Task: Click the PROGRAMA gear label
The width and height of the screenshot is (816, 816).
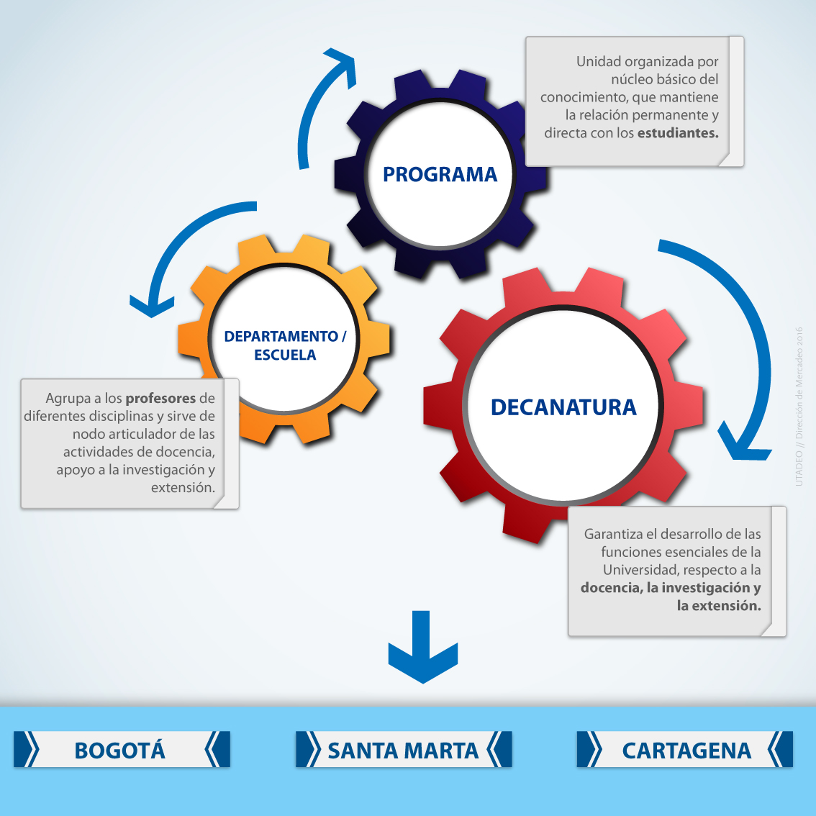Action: coord(440,174)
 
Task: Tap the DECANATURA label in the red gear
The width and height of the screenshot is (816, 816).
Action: coord(563,407)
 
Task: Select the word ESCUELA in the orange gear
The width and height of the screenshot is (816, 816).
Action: coord(285,355)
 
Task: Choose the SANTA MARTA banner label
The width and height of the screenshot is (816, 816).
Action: coord(403,751)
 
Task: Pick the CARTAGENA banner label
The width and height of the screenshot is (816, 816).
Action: coord(686,751)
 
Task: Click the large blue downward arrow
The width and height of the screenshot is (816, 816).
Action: coord(423,648)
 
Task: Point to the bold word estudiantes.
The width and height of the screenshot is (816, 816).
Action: coord(678,133)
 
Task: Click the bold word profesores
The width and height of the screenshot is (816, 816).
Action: coord(160,398)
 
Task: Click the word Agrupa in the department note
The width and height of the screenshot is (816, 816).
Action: coord(68,398)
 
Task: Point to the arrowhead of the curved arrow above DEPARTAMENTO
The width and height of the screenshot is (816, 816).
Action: coord(150,306)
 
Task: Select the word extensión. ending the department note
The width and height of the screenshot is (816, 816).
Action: coord(183,488)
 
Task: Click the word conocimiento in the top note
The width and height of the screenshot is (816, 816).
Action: coord(583,97)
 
